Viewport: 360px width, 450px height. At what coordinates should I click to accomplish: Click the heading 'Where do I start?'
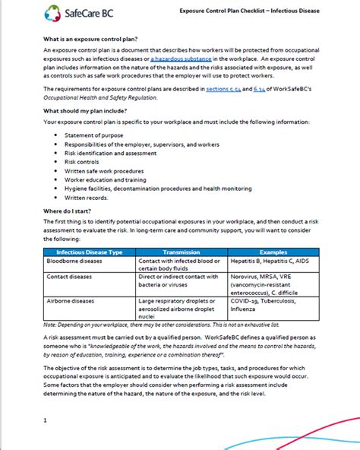(68, 210)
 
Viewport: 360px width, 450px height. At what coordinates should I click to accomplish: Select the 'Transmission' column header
(182, 252)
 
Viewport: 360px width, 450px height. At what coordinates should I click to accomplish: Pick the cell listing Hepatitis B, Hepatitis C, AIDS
(270, 261)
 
